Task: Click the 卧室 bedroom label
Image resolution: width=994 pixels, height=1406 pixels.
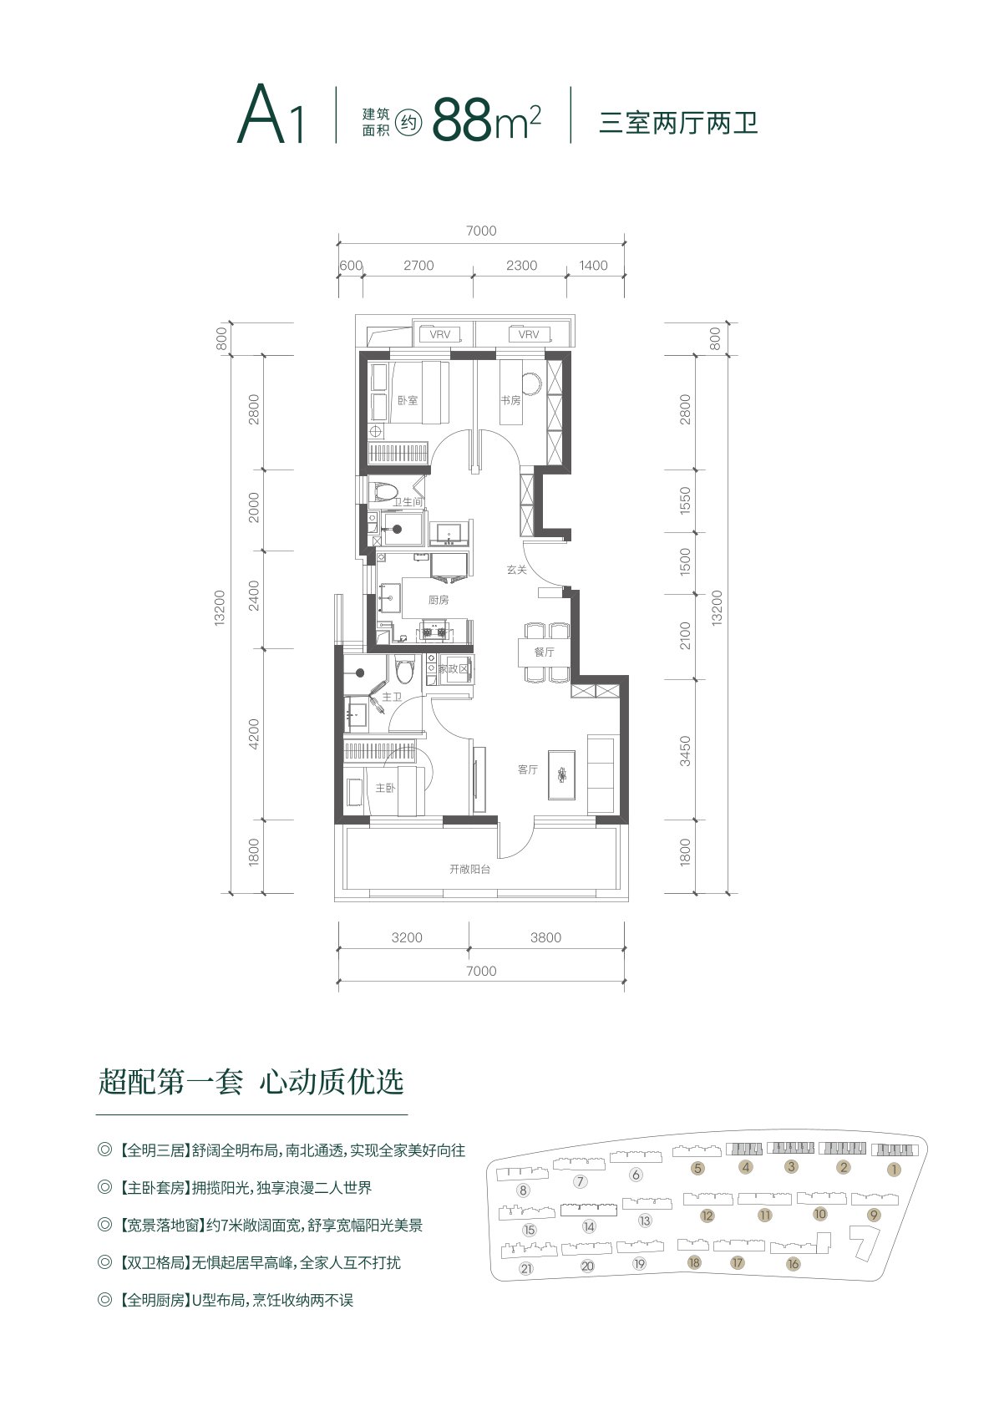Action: [x=408, y=400]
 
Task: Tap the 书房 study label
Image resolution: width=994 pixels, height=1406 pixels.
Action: [x=510, y=400]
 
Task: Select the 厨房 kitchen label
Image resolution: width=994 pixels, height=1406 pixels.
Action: [x=439, y=600]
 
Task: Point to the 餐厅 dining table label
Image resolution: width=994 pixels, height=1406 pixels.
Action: [x=544, y=652]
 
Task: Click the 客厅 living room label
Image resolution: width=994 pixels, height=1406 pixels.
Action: [x=528, y=769]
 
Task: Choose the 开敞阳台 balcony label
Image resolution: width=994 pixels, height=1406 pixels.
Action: [x=470, y=870]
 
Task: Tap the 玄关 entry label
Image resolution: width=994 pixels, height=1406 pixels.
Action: [x=516, y=570]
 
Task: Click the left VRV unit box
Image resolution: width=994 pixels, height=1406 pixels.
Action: [x=440, y=334]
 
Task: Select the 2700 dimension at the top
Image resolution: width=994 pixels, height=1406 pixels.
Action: [x=418, y=266]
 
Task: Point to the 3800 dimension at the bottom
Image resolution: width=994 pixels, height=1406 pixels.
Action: [x=545, y=938]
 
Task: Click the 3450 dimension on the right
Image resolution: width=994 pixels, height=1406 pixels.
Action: [x=685, y=751]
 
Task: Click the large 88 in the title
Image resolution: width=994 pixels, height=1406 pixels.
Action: [x=462, y=119]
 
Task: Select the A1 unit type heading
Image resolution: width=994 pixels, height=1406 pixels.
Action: [x=271, y=115]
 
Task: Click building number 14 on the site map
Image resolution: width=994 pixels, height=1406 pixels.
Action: [x=589, y=1226]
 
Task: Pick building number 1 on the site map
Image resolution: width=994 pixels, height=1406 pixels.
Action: [x=895, y=1170]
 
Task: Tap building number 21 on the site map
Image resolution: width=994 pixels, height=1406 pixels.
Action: [x=526, y=1268]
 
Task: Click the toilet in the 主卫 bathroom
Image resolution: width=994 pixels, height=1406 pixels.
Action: [x=405, y=670]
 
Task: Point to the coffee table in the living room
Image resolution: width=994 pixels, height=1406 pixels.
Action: [x=561, y=774]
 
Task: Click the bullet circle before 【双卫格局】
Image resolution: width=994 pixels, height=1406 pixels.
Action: [x=104, y=1263]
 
